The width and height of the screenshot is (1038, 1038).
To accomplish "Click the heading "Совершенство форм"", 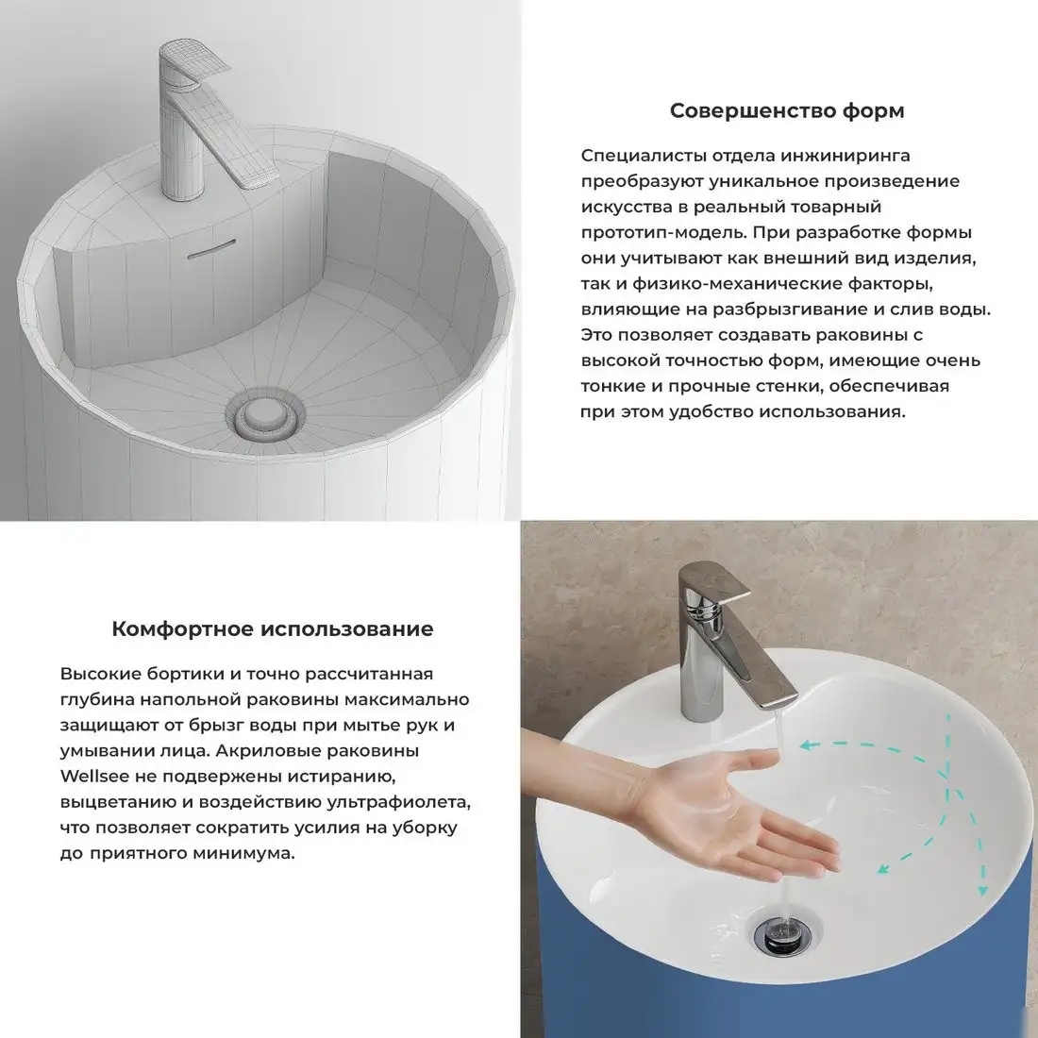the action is (x=787, y=110).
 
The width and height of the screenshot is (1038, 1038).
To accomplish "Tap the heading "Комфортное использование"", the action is (x=272, y=628).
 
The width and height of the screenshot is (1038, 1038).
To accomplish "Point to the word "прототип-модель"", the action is (x=663, y=233).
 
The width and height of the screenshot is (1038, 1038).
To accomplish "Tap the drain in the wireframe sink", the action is (x=265, y=416).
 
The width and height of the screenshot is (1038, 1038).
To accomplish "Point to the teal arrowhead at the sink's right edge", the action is (x=982, y=890).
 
